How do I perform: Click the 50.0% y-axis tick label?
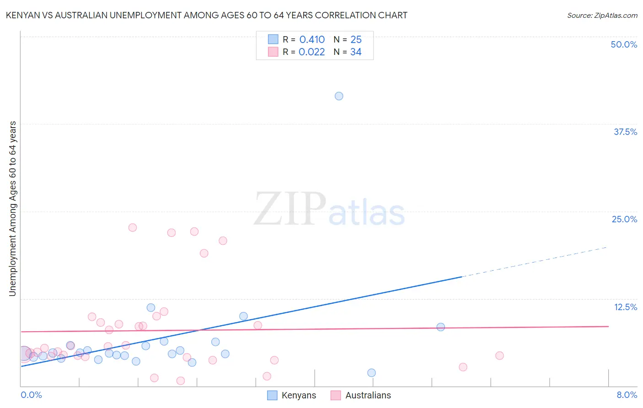[624, 44]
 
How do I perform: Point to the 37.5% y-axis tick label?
[625, 132]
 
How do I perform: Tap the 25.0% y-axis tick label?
[624, 219]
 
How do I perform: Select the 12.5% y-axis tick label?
[625, 307]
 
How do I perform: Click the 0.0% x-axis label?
[31, 395]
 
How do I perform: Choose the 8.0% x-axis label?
[627, 395]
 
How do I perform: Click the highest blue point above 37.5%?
[339, 96]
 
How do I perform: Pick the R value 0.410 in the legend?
[312, 40]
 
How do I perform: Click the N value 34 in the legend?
[356, 52]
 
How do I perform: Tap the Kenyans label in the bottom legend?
[299, 395]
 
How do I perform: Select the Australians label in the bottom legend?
[368, 395]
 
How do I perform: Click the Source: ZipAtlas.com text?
[602, 16]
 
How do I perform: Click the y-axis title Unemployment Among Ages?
[13, 208]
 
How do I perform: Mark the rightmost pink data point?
[499, 355]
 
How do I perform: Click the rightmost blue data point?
[440, 327]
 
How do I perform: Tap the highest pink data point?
[133, 227]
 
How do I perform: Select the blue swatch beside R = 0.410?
[273, 40]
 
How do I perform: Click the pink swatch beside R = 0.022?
[273, 52]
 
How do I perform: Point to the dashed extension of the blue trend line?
[535, 262]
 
